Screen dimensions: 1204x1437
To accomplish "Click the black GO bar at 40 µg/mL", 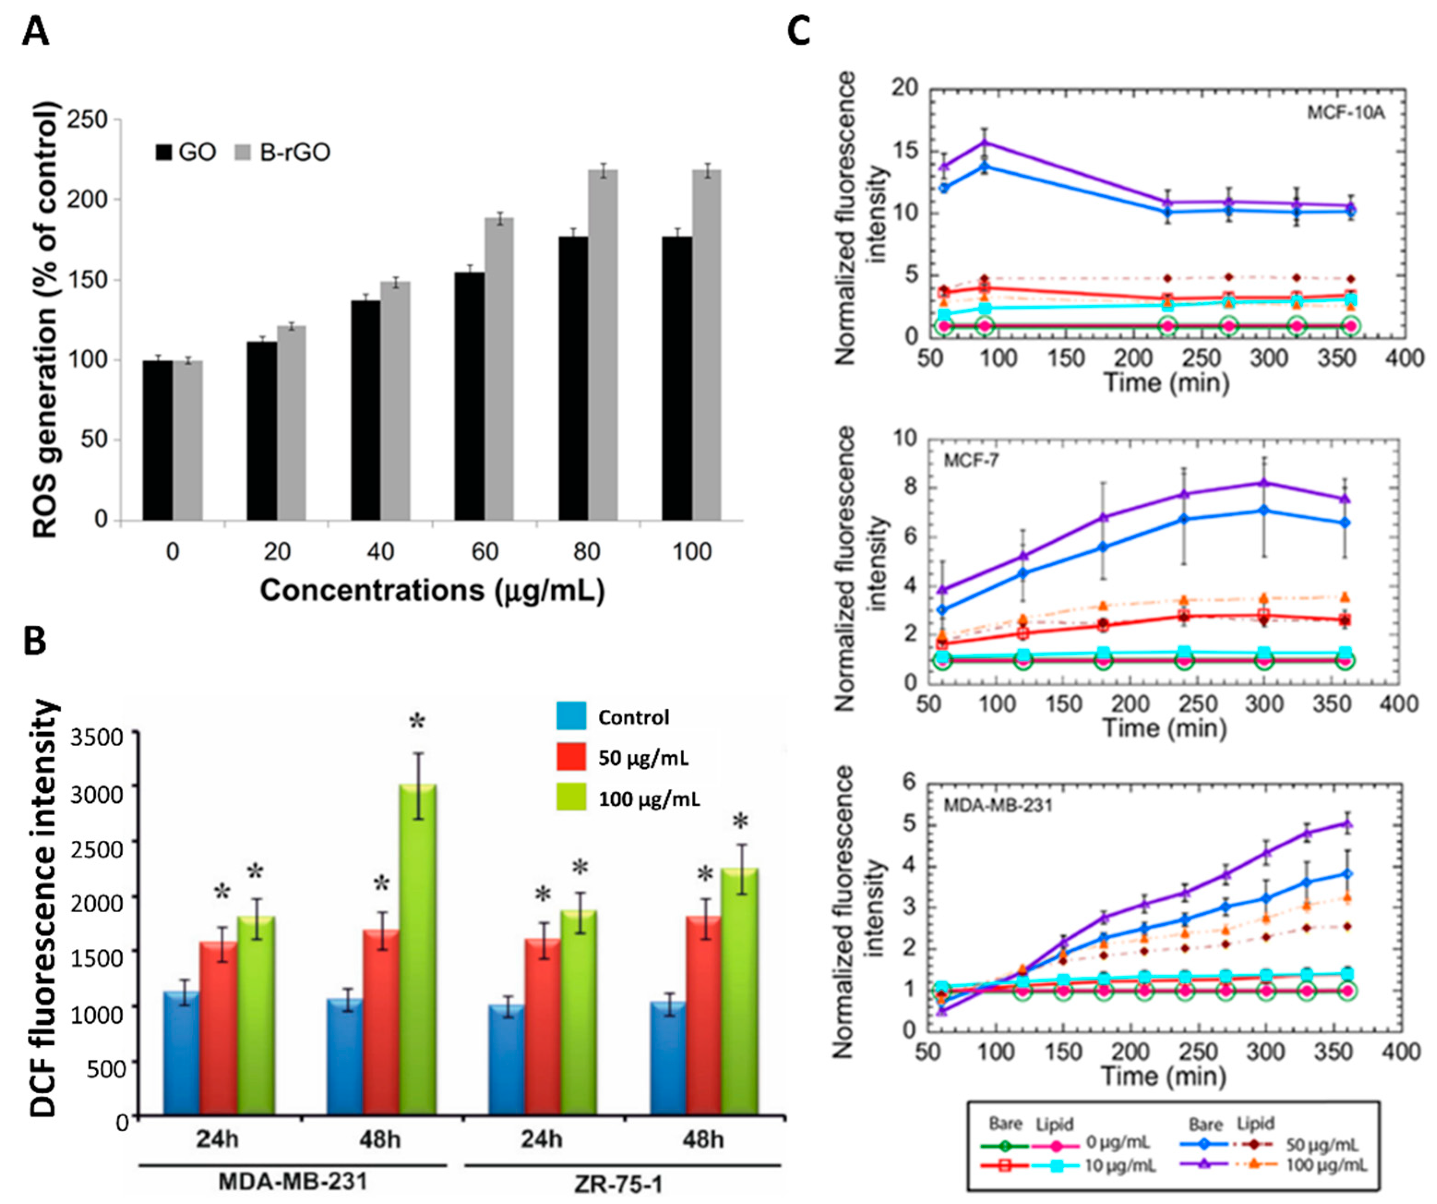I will click(365, 410).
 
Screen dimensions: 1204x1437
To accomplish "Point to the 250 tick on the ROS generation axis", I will click(89, 120).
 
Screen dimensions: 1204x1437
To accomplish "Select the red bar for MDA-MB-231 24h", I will click(218, 1027).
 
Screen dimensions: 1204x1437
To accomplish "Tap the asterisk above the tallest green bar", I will click(417, 723).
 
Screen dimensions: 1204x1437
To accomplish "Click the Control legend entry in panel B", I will click(633, 717).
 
